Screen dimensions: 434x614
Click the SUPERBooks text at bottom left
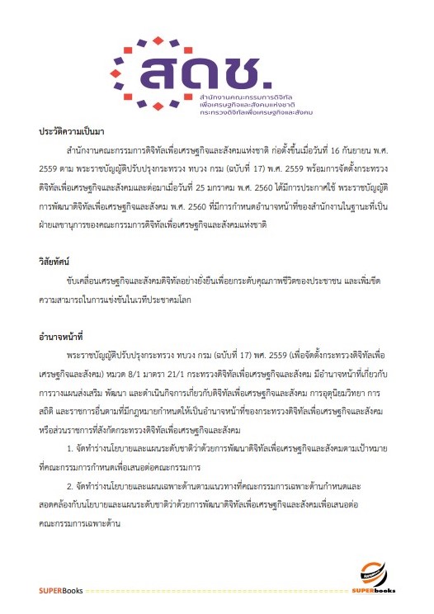click(x=61, y=591)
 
